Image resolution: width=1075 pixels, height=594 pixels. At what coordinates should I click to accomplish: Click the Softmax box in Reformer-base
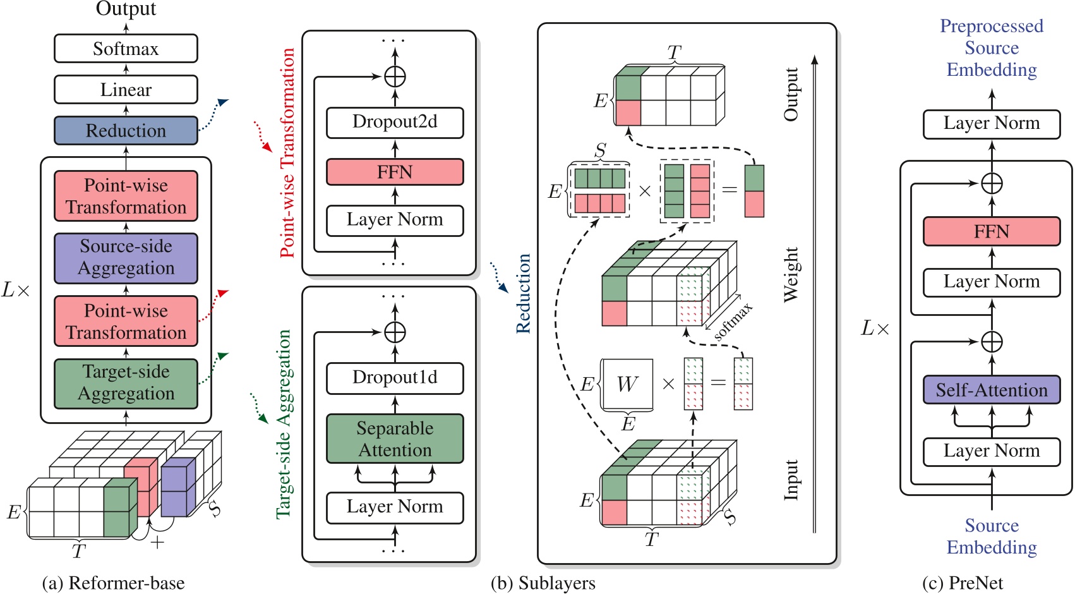click(x=126, y=49)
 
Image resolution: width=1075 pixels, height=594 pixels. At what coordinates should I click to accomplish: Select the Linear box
click(x=126, y=90)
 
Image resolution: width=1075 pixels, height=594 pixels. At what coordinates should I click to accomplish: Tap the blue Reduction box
click(x=126, y=131)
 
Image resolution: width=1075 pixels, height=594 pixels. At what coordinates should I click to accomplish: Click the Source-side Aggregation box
click(x=126, y=257)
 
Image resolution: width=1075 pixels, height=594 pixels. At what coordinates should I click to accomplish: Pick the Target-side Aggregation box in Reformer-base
click(x=126, y=383)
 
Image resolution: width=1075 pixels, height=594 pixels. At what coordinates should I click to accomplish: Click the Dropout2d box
click(x=395, y=122)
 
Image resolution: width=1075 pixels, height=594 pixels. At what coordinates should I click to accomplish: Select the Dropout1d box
click(x=395, y=377)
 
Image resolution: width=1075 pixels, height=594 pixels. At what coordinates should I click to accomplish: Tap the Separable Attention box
click(x=395, y=439)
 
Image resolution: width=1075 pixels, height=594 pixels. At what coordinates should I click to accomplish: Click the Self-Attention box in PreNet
click(x=991, y=390)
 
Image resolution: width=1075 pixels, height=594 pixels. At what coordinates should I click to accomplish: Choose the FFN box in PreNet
click(x=991, y=231)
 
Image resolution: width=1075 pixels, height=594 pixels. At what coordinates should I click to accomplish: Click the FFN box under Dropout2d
click(x=395, y=172)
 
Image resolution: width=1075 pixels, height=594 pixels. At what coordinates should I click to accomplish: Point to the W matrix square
click(x=627, y=384)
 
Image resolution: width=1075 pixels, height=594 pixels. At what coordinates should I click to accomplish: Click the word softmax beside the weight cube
click(x=733, y=322)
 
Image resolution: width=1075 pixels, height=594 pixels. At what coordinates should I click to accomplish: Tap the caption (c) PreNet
click(x=962, y=583)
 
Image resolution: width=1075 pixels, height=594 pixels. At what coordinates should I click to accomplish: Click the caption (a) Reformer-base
click(x=114, y=583)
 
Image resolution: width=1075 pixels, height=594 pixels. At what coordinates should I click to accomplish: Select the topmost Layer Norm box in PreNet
click(x=991, y=123)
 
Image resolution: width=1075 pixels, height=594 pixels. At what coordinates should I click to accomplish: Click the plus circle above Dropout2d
click(x=395, y=76)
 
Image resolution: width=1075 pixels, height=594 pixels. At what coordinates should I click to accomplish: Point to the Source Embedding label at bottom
click(x=991, y=536)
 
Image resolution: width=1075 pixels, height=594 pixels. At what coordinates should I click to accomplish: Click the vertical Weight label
click(x=791, y=274)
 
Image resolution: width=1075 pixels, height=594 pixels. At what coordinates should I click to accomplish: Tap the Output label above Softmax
click(x=126, y=9)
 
